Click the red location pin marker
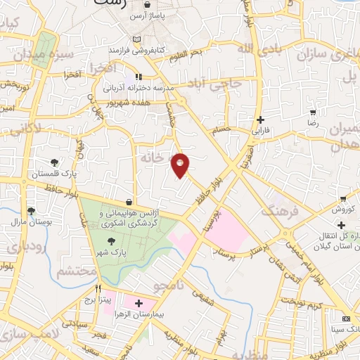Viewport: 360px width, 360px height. point(181,165)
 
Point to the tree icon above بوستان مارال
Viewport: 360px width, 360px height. point(30,210)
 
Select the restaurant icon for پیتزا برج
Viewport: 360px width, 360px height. point(98,288)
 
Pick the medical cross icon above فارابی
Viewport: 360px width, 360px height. point(260,120)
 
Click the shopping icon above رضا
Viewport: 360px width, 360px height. point(312,112)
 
